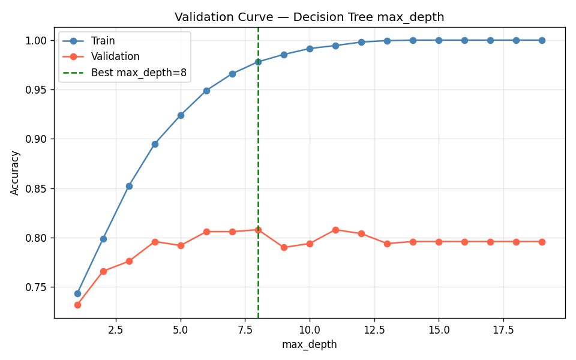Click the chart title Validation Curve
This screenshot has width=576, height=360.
point(309,17)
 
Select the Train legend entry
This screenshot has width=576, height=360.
point(103,41)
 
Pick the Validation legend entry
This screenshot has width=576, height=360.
point(115,57)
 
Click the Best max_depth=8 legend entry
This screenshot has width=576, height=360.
point(139,73)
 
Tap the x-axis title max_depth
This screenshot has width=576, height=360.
point(309,344)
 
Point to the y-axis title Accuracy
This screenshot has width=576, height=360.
point(16,172)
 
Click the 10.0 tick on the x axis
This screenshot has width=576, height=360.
point(310,329)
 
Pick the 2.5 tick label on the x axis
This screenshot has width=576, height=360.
point(116,329)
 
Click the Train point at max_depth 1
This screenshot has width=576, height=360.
point(77,293)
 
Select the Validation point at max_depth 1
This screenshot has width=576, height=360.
point(77,305)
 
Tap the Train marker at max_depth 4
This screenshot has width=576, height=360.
point(155,144)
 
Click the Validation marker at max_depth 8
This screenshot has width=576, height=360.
point(258,230)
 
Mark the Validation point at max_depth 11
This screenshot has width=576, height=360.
point(335,230)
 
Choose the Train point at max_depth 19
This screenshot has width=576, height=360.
point(542,40)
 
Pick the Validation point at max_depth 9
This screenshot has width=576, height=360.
point(284,247)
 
